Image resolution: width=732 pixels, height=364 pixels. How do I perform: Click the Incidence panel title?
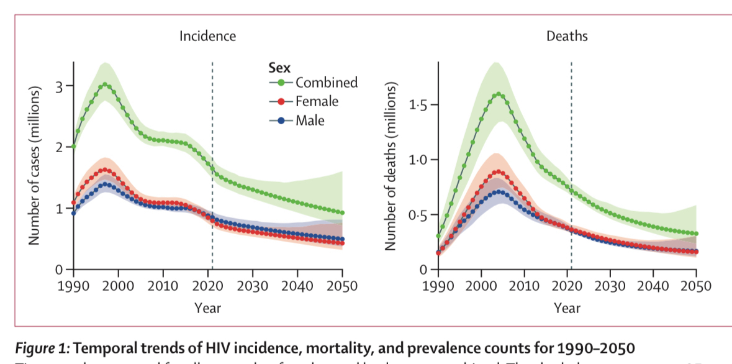[207, 36]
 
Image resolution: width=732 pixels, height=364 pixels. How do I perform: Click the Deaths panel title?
[566, 36]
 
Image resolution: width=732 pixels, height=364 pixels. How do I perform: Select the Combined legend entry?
[326, 82]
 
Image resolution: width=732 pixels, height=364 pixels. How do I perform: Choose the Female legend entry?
[317, 101]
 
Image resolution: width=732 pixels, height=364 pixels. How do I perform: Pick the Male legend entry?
[309, 121]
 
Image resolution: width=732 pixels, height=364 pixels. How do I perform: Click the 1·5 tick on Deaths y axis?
[419, 105]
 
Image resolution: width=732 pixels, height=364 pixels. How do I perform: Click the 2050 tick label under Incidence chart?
[342, 286]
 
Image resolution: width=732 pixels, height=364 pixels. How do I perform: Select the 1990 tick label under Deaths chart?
[438, 286]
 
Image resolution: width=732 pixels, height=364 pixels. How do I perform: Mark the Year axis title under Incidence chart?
[207, 307]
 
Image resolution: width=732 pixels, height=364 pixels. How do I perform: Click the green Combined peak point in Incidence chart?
[105, 84]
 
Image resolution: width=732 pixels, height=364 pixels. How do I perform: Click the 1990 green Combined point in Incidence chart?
[74, 146]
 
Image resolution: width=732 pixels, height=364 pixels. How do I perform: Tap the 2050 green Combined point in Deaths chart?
[696, 234]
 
